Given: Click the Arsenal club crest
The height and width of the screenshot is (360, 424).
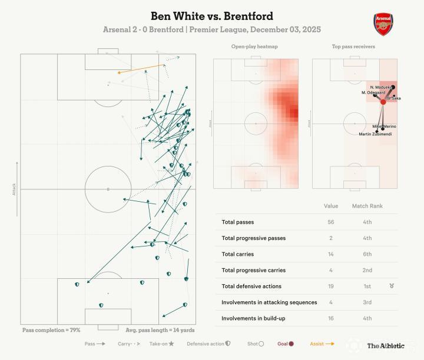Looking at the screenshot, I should click(x=383, y=24).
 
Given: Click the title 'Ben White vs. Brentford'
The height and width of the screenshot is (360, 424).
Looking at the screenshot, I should click(x=212, y=16).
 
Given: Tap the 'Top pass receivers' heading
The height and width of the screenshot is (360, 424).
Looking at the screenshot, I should click(x=353, y=46).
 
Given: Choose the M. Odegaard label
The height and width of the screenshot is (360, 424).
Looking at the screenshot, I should click(x=373, y=92).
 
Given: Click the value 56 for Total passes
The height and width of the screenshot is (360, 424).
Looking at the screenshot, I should click(x=331, y=222).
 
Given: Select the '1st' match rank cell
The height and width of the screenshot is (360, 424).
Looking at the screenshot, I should click(x=367, y=286).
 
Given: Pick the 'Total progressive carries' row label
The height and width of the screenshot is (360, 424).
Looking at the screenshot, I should click(x=253, y=271).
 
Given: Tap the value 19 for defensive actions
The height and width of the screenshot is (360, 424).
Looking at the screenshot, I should click(x=331, y=286).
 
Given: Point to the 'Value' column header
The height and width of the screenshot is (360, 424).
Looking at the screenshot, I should click(x=331, y=206).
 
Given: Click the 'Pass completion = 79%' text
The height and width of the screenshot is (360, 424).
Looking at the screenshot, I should click(x=51, y=331).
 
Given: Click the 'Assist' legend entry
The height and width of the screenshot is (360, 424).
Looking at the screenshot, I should click(x=322, y=344).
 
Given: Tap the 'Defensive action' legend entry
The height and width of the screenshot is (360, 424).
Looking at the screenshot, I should click(x=208, y=344).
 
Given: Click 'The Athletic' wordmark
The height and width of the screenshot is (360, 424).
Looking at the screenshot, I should click(x=386, y=346).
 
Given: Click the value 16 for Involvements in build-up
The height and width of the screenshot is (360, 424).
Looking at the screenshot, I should click(x=331, y=318).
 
